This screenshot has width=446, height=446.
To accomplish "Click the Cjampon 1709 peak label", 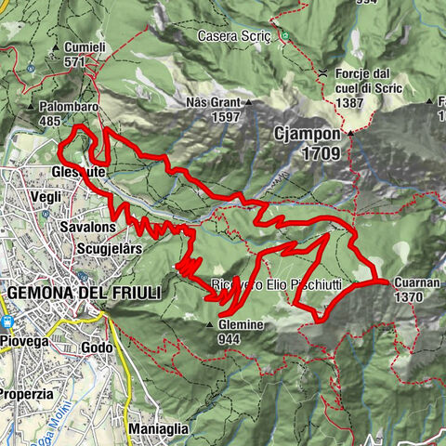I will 311,143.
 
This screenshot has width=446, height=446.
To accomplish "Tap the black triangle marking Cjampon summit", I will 351,134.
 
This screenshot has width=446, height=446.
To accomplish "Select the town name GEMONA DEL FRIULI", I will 84,292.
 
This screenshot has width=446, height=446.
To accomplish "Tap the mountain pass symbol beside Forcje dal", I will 321,72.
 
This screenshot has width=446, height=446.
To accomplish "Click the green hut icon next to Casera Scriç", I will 286,36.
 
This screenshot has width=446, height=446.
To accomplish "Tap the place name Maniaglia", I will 159,428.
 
